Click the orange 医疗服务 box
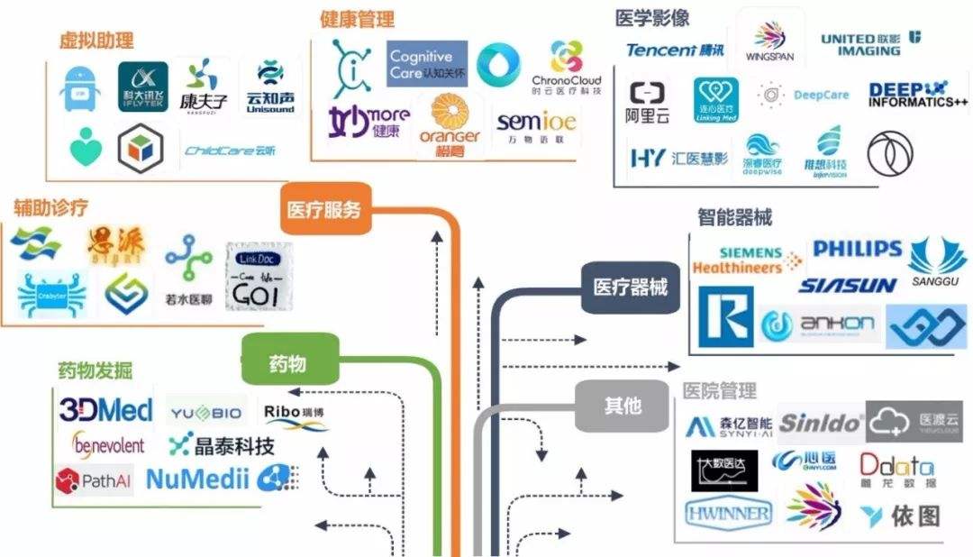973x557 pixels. (x=324, y=210)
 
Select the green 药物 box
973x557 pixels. (x=288, y=363)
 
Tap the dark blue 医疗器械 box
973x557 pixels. (x=630, y=288)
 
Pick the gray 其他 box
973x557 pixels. (x=622, y=406)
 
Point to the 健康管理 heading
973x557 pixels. (x=357, y=19)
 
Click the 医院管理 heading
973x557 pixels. (x=719, y=391)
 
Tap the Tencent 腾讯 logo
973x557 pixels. (x=675, y=50)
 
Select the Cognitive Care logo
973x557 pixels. (x=427, y=64)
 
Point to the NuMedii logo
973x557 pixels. (x=196, y=479)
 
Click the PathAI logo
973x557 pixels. (x=94, y=480)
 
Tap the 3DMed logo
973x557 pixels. (x=105, y=411)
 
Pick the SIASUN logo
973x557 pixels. (x=847, y=286)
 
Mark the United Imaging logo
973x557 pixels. (x=869, y=44)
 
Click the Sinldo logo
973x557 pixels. (x=820, y=423)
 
